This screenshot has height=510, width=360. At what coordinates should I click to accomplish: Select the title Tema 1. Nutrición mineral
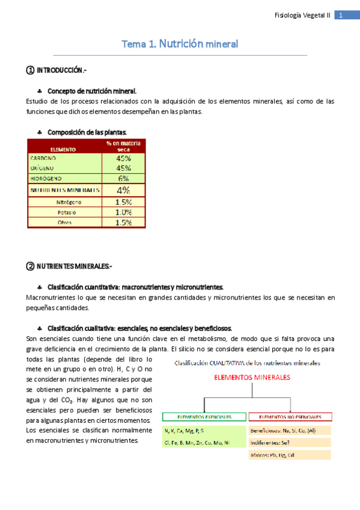click(x=180, y=44)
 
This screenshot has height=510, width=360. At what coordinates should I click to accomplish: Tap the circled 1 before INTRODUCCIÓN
click(x=30, y=71)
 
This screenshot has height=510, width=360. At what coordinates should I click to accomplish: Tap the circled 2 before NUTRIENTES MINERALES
click(x=30, y=266)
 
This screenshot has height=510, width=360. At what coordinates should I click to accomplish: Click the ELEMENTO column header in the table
click(x=63, y=149)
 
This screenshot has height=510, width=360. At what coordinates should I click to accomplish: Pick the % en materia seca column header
click(x=123, y=146)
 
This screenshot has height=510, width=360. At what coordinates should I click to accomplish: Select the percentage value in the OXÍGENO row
click(x=123, y=168)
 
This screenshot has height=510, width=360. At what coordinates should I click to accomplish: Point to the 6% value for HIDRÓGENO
click(x=123, y=179)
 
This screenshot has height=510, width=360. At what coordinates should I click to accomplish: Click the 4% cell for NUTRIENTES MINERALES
click(x=123, y=190)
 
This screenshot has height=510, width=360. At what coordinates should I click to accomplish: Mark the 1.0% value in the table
click(x=123, y=212)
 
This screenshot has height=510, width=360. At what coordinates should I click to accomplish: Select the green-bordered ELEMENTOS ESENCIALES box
click(x=204, y=416)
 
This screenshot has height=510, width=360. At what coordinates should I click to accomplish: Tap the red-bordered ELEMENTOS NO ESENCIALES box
click(x=290, y=416)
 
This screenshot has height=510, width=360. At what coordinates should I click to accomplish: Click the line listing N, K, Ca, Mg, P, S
click(x=184, y=431)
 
